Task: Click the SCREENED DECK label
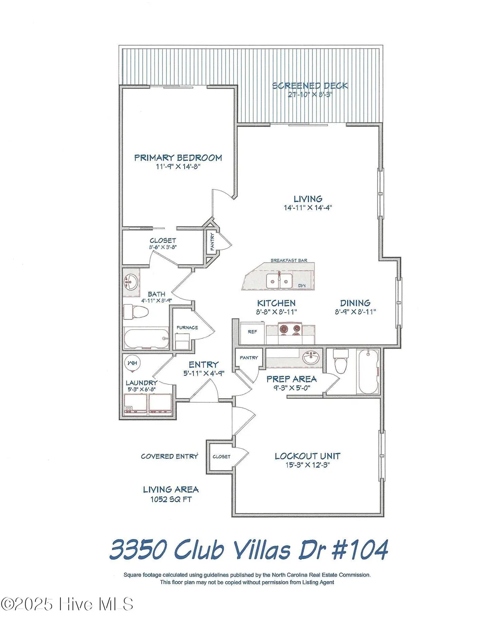310,86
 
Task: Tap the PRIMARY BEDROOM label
178,158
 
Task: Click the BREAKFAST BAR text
289,260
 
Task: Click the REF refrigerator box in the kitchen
252,332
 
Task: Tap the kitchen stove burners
290,330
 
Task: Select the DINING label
355,303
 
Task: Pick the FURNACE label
187,327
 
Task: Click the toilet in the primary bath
136,312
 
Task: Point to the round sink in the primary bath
131,281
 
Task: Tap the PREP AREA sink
312,359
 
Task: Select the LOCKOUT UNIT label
307,456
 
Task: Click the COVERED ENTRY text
169,456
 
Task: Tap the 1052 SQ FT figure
171,500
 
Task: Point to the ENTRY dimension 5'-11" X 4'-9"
204,373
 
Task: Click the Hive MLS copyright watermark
67,604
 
